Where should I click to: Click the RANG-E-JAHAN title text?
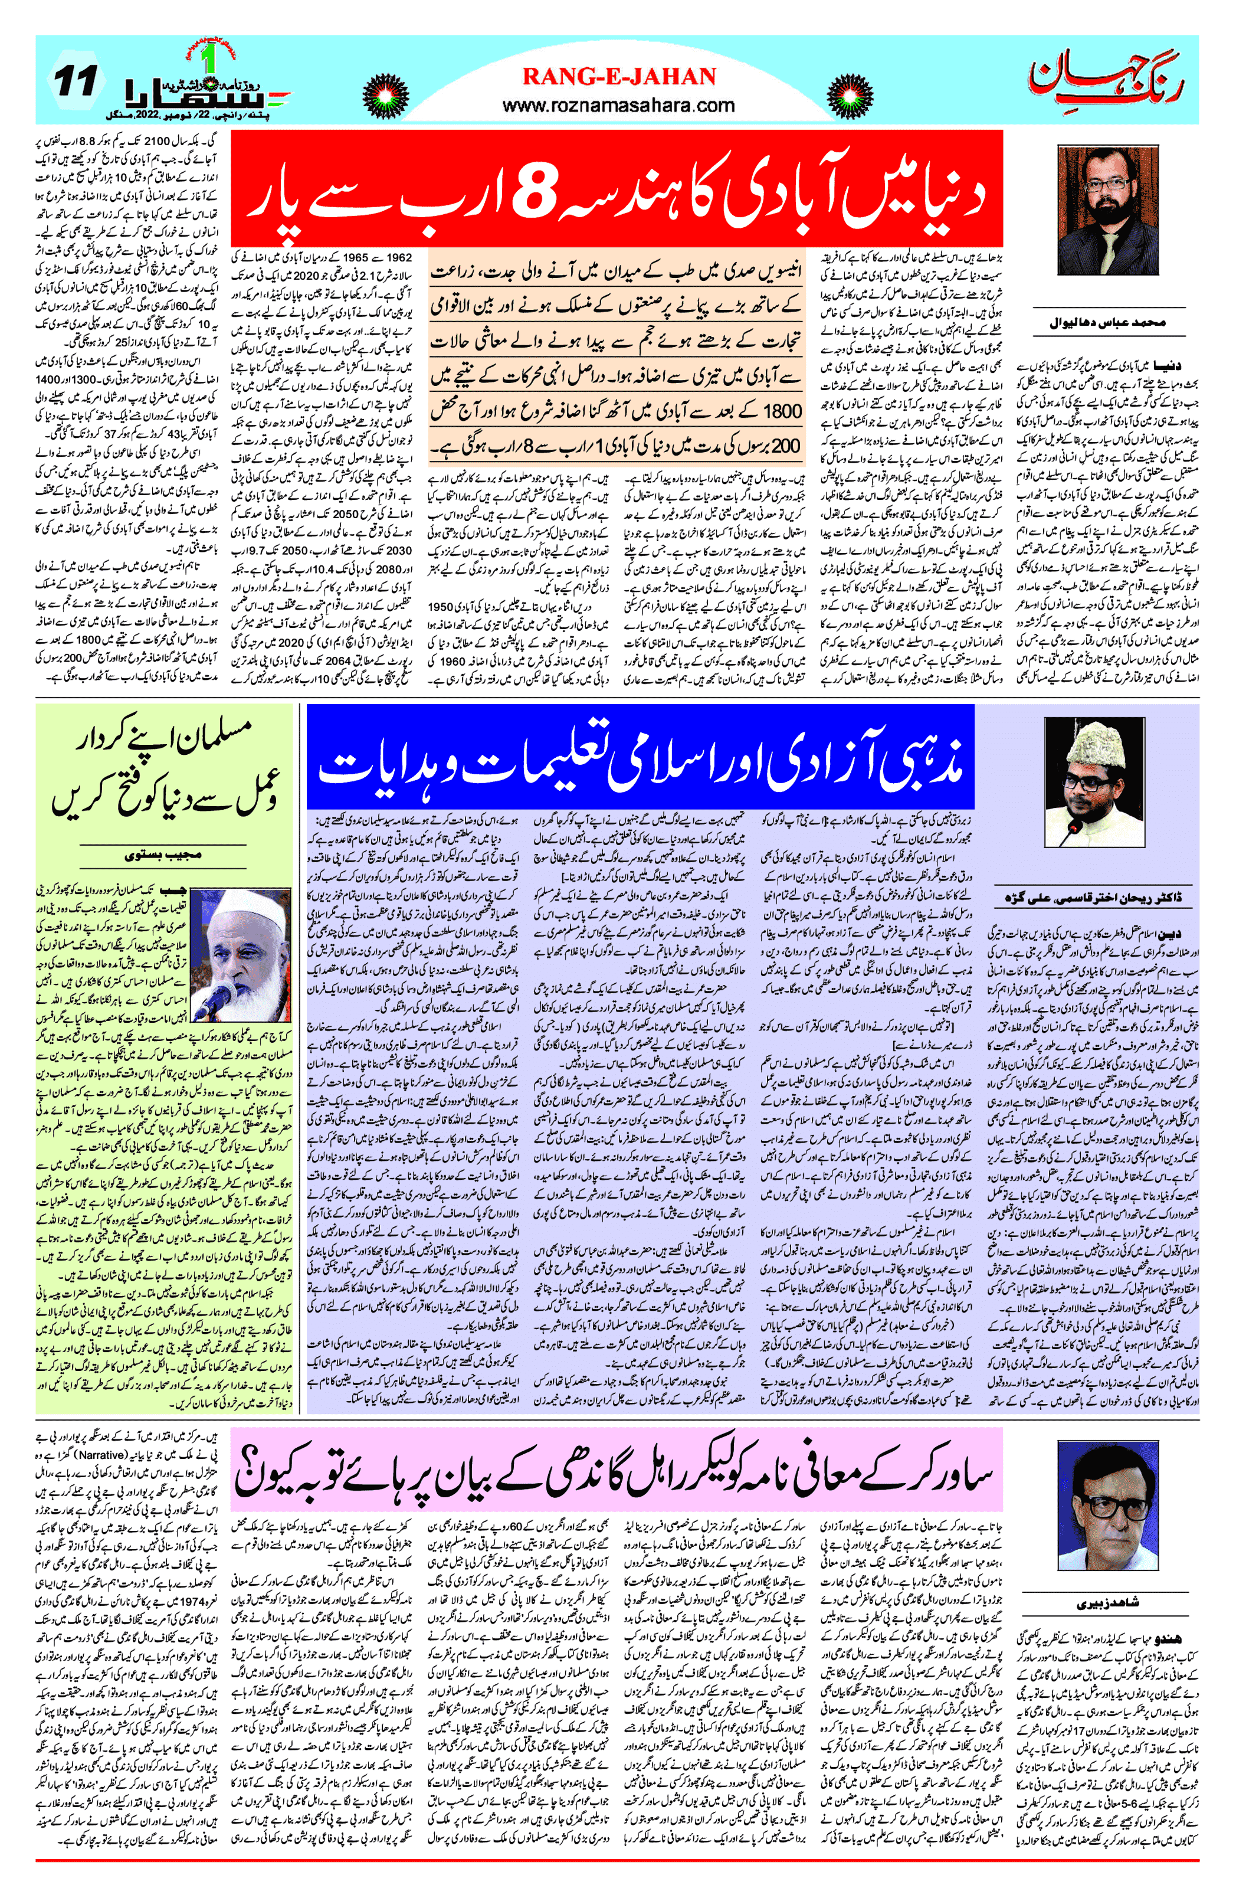point(619,77)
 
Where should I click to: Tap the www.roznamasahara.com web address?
point(619,105)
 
